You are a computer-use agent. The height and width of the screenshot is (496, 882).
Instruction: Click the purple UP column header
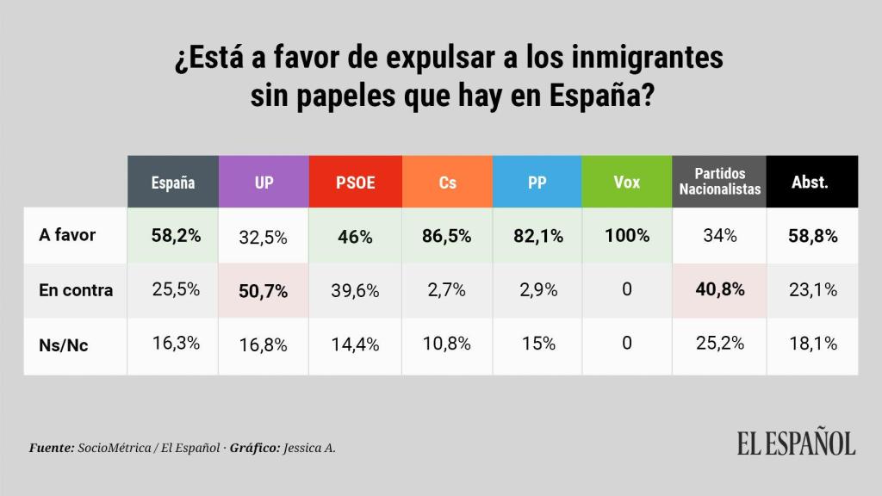pyautogui.click(x=263, y=183)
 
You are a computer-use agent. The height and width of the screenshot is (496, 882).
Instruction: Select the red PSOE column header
pyautogui.click(x=354, y=183)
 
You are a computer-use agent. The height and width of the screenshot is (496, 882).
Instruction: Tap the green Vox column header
pyautogui.click(x=626, y=183)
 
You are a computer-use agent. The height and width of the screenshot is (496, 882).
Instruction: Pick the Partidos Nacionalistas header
pyautogui.click(x=719, y=182)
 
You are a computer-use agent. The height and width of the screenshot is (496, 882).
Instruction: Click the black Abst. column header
pyautogui.click(x=810, y=183)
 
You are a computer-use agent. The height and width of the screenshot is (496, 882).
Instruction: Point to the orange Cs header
pyautogui.click(x=447, y=183)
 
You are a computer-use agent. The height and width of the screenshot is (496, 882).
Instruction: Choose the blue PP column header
pyautogui.click(x=537, y=183)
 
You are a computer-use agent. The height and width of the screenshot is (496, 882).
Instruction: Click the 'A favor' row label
pyautogui.click(x=68, y=235)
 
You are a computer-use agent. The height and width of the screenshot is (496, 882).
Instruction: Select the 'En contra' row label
pyautogui.click(x=76, y=290)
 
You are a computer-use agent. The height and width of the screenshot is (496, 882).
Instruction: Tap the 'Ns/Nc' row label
pyautogui.click(x=64, y=344)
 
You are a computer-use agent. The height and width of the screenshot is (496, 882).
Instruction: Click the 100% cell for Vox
pyautogui.click(x=627, y=235)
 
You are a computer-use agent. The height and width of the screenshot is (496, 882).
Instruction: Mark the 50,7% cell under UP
pyautogui.click(x=263, y=291)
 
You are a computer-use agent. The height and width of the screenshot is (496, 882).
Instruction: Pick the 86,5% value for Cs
pyautogui.click(x=447, y=236)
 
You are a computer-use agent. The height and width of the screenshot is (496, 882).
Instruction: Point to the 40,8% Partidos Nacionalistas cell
pyautogui.click(x=719, y=290)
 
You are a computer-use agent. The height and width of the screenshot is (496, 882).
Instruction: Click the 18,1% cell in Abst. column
pyautogui.click(x=813, y=344)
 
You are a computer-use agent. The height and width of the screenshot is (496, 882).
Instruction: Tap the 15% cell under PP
pyautogui.click(x=537, y=344)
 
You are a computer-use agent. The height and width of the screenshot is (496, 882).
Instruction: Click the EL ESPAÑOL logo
pyautogui.click(x=795, y=443)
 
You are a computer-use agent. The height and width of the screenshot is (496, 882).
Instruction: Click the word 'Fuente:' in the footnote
pyautogui.click(x=51, y=449)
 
